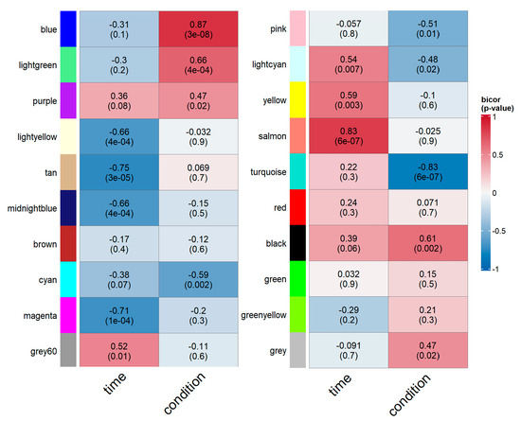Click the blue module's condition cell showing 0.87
tap(198, 29)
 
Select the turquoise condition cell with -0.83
tap(428, 171)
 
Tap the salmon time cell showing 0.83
tap(349, 135)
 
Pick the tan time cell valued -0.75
tap(119, 172)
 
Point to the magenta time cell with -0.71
tap(119, 315)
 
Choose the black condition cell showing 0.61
tap(428, 243)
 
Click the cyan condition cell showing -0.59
tap(198, 280)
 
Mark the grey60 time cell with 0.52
tap(119, 351)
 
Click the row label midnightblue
tap(32, 208)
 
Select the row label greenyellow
tap(264, 315)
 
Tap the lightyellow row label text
tap(37, 137)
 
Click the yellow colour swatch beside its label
tap(297, 100)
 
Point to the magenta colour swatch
tap(68, 315)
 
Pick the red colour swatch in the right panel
tap(297, 207)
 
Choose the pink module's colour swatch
tap(297, 28)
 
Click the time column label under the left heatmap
tap(115, 383)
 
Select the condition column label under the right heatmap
tap(410, 395)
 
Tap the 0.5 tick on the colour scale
tap(497, 155)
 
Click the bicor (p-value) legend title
tap(497, 104)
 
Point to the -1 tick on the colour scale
tap(495, 269)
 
